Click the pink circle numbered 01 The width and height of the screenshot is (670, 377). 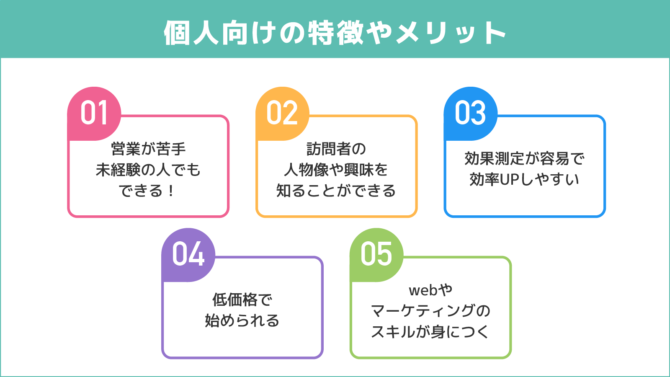[x=94, y=114]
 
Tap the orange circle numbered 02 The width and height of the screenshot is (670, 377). [x=282, y=114]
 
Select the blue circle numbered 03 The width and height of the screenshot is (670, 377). [x=470, y=114]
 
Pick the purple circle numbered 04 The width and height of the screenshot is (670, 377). [x=188, y=255]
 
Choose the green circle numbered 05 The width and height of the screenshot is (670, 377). [x=376, y=255]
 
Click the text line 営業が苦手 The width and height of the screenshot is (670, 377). [x=148, y=149]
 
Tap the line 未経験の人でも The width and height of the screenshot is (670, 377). [x=148, y=170]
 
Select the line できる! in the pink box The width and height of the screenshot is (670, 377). [x=147, y=191]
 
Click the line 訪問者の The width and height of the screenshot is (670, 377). [x=336, y=149]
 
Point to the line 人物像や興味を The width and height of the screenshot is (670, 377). [x=336, y=170]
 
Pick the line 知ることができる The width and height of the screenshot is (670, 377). [x=336, y=191]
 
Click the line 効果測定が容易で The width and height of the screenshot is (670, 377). [x=524, y=159]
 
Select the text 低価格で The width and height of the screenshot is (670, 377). [x=242, y=300]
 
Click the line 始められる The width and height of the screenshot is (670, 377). [x=242, y=321]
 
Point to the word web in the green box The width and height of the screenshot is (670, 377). [x=423, y=290]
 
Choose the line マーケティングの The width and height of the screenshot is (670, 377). [x=430, y=311]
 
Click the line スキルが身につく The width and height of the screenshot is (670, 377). [x=430, y=332]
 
